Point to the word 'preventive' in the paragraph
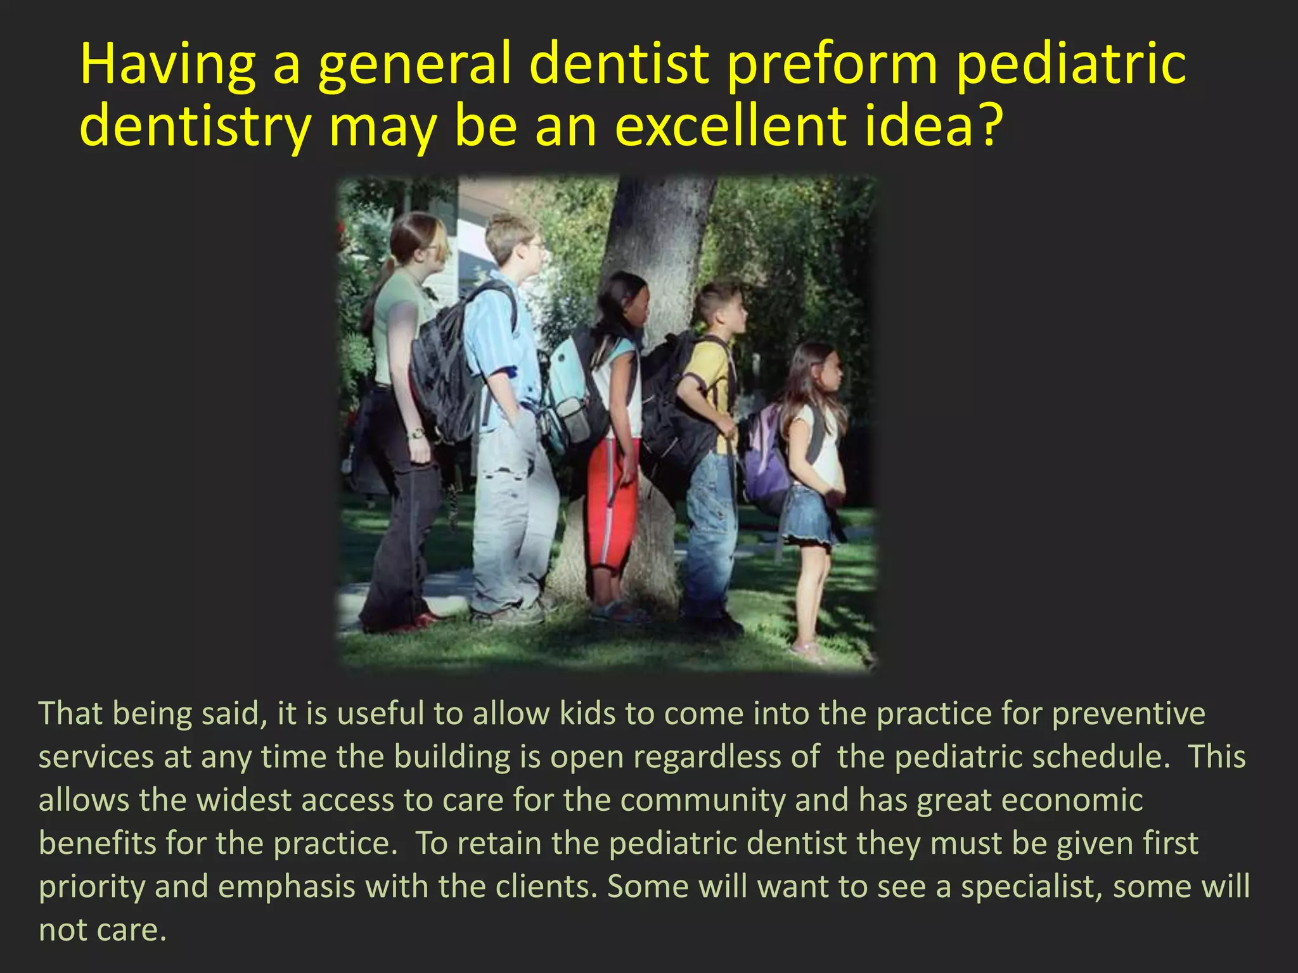[x=1128, y=713]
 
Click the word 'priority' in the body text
[x=92, y=887]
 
